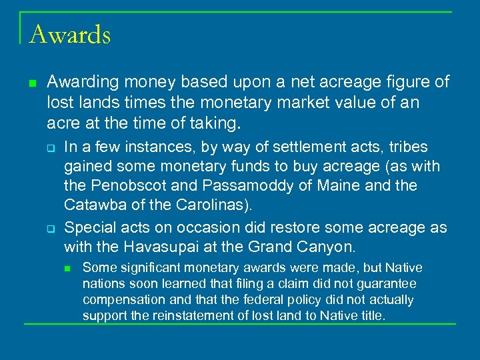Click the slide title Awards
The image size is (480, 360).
[70, 34]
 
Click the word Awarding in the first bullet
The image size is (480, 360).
[79, 82]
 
